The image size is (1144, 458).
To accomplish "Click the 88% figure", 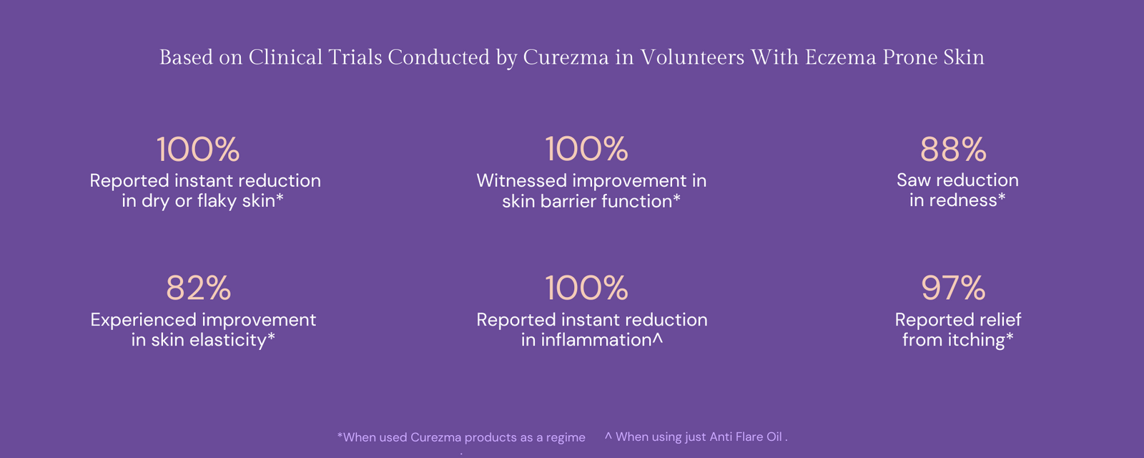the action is pos(953,150).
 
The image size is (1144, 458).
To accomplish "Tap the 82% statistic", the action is pos(199,288).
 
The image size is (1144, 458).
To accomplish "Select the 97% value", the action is pos(953,288).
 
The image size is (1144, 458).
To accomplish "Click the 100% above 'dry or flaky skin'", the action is pos(198,150).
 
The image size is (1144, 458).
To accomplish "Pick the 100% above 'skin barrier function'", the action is pos(587,150).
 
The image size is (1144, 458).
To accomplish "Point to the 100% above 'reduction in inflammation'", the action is pos(587,288).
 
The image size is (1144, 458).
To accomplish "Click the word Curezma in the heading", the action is pos(566,57).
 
